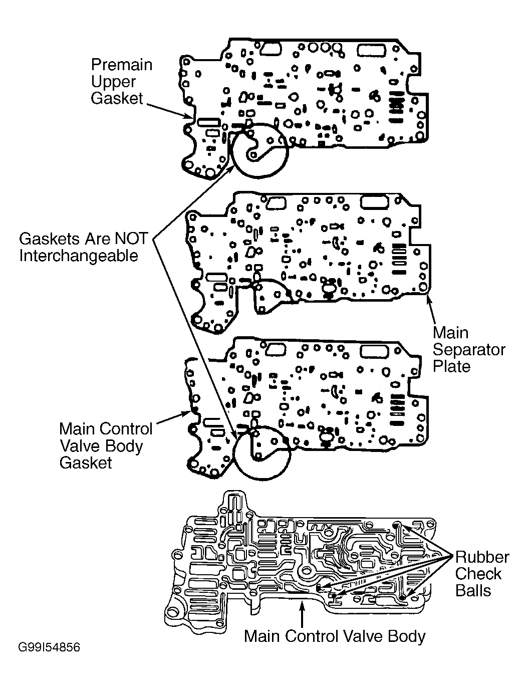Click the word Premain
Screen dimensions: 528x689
click(x=122, y=65)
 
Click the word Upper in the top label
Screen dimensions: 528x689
click(x=113, y=82)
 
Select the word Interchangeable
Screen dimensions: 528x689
click(x=79, y=256)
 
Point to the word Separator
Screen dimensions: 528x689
click(x=469, y=350)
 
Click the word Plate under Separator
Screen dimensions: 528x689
click(x=452, y=366)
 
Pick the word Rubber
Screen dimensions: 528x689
click(x=482, y=557)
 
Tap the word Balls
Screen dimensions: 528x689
click(x=473, y=591)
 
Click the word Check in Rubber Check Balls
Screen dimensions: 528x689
click(x=478, y=574)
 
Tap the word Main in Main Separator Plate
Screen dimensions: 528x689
click(x=450, y=333)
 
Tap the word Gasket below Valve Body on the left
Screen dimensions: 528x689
click(x=86, y=463)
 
